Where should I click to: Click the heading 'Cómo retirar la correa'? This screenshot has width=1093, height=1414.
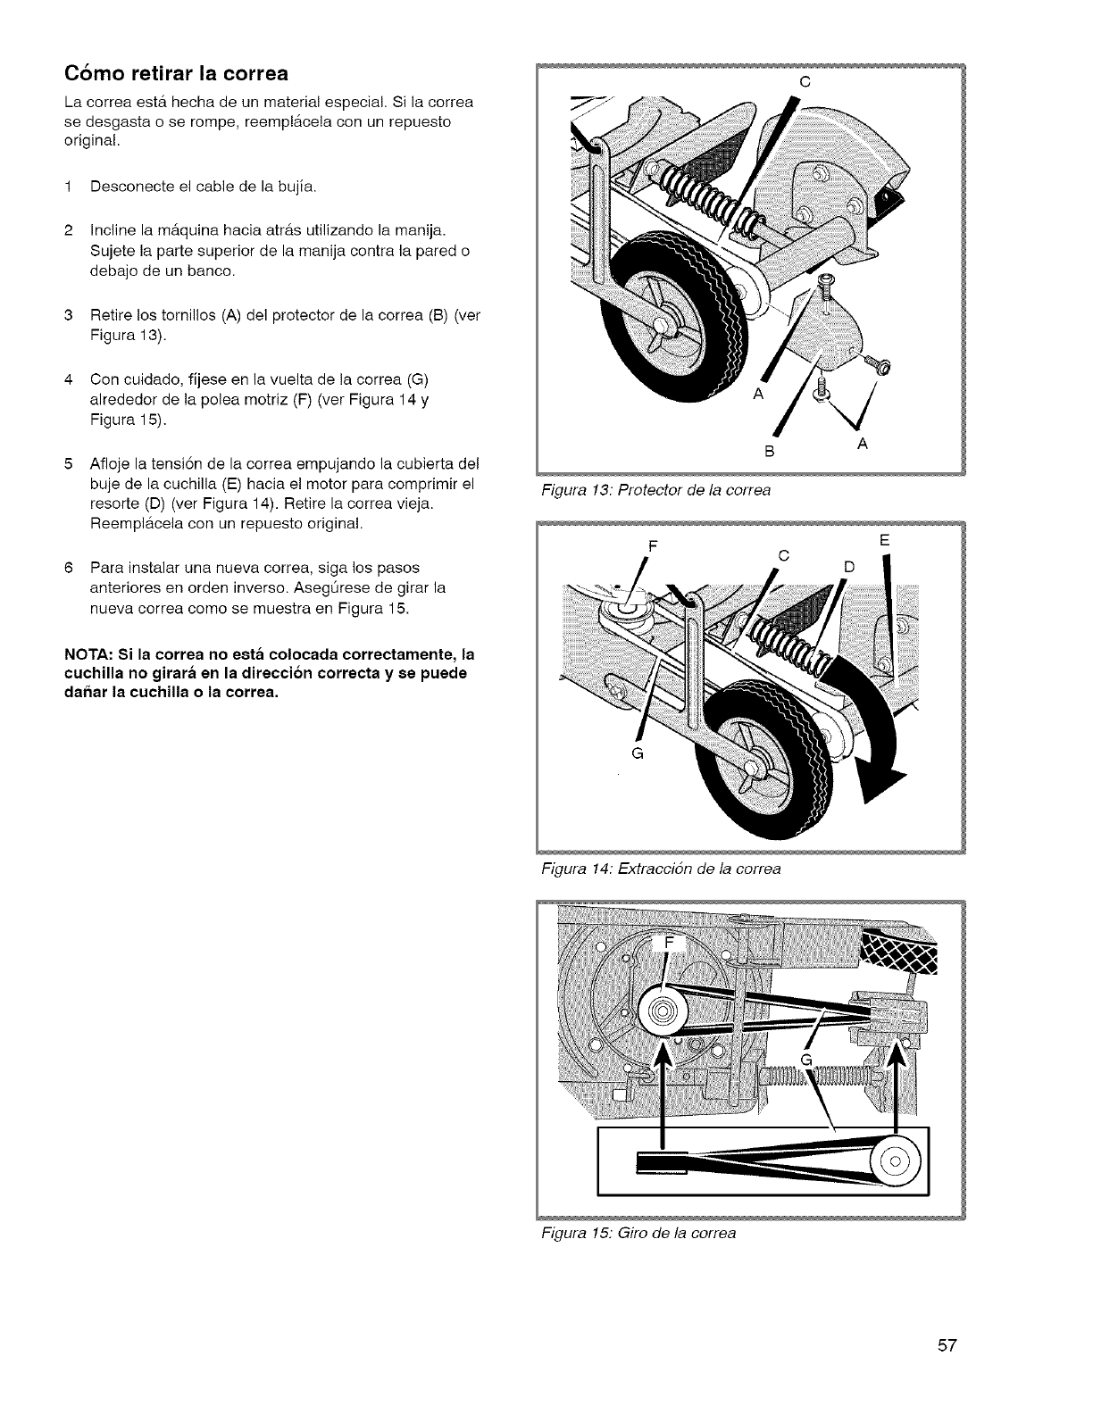(x=175, y=72)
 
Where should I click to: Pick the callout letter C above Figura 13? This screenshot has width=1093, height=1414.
(x=805, y=81)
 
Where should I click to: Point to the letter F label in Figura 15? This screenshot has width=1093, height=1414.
(x=671, y=944)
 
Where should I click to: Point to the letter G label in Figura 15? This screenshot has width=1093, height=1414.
(x=805, y=1060)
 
